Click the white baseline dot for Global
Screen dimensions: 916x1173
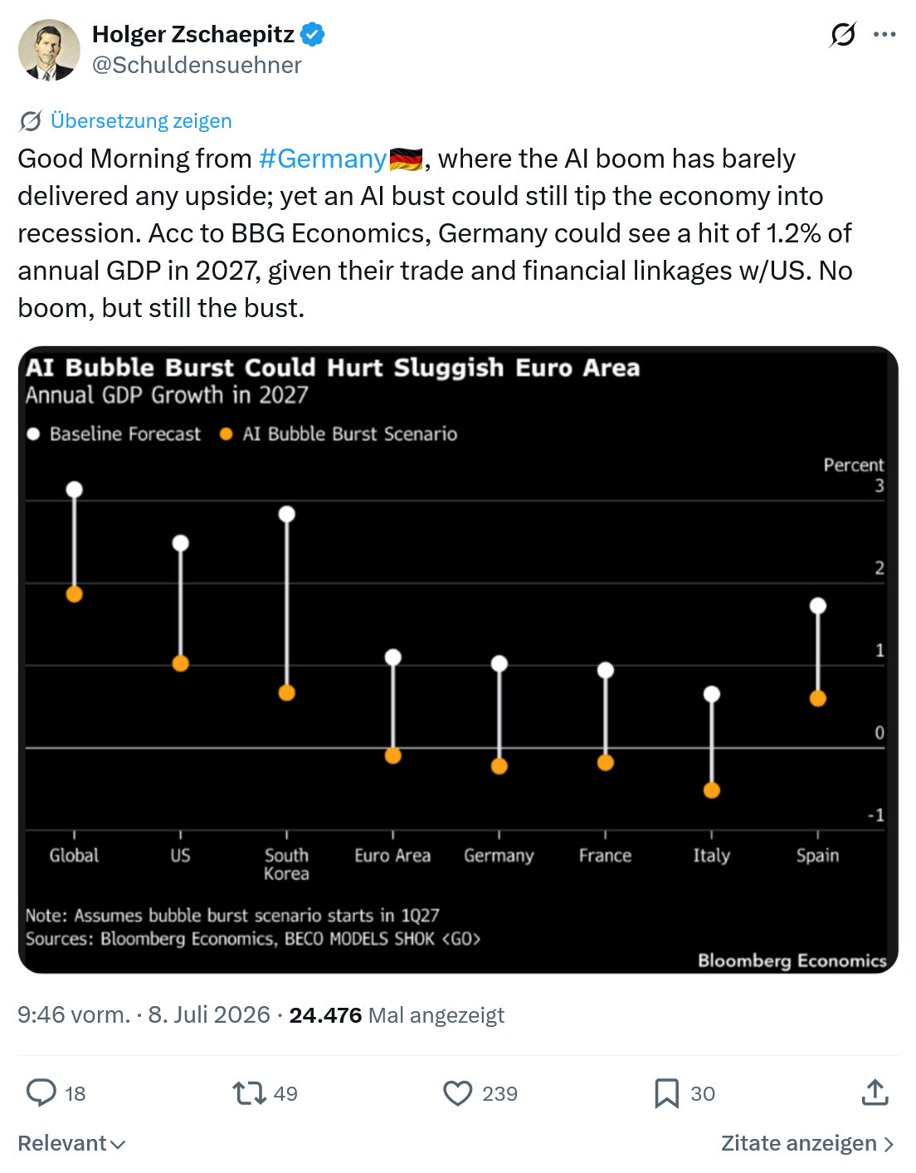click(x=75, y=490)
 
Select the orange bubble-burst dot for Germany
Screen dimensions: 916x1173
click(x=499, y=766)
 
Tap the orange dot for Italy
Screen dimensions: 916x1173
click(x=712, y=791)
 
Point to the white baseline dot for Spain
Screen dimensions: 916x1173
click(x=818, y=606)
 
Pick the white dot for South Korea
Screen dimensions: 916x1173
click(x=287, y=514)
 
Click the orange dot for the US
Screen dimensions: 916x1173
click(x=181, y=663)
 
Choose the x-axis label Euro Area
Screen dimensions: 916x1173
click(x=392, y=856)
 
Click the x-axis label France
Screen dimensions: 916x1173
click(x=605, y=856)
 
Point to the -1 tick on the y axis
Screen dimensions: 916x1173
click(x=876, y=814)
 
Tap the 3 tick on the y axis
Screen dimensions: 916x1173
click(x=879, y=486)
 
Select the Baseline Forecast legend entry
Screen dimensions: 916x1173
click(x=114, y=434)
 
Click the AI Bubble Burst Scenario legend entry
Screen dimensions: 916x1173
click(x=339, y=434)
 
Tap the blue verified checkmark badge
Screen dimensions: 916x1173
click(x=312, y=34)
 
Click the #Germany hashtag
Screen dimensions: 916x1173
click(x=323, y=159)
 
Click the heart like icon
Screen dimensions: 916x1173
click(x=457, y=1093)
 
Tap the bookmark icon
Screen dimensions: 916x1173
click(x=667, y=1093)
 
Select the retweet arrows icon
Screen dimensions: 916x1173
click(x=249, y=1093)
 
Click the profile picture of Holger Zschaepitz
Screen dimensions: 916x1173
click(x=49, y=50)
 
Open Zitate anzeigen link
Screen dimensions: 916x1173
click(x=807, y=1143)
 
